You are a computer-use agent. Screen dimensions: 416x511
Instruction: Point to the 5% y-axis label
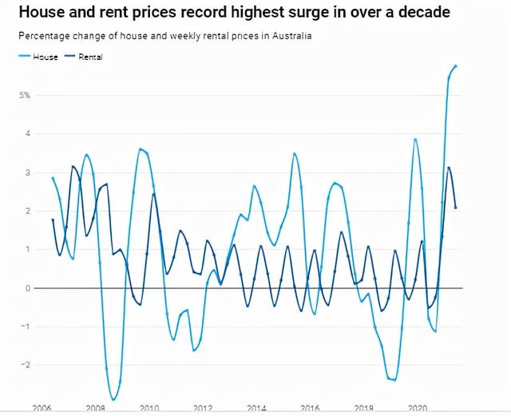point(25,95)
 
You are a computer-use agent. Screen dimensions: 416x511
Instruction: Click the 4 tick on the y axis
point(27,133)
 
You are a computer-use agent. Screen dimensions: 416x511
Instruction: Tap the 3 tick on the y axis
point(27,172)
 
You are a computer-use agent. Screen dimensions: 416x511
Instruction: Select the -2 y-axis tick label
point(26,365)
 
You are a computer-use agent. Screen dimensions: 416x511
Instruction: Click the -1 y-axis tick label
point(26,327)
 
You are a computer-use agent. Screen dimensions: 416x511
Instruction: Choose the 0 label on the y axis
point(27,288)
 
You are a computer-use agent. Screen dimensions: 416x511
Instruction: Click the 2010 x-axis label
point(149,407)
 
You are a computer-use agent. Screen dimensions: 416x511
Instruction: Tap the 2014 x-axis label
point(255,407)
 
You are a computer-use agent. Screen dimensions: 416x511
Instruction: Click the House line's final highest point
point(456,66)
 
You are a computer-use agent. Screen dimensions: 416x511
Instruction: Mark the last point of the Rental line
point(456,208)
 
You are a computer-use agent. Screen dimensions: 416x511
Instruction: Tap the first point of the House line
point(53,178)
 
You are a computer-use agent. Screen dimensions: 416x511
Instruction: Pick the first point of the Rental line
point(53,220)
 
